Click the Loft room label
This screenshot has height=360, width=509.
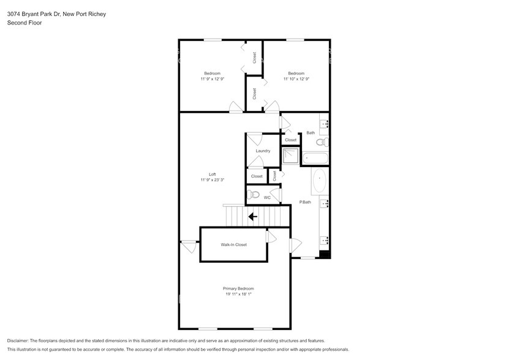coord(212,174)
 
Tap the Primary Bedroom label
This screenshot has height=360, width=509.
coord(238,288)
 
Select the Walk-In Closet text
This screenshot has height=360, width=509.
coord(233,244)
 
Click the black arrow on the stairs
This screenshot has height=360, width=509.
coord(252,216)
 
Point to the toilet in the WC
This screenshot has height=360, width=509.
coord(254,195)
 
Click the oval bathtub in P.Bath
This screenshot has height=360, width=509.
coord(320,182)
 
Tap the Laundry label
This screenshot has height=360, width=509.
coord(263,151)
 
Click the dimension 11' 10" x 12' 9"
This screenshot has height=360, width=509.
coord(296,79)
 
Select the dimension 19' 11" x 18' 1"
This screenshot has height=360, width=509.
coord(238,294)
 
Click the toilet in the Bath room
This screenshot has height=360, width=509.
coord(321,143)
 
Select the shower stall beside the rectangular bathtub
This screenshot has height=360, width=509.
coord(290,157)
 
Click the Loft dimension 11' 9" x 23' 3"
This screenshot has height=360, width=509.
coord(212,180)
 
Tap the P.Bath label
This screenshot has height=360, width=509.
coord(304,202)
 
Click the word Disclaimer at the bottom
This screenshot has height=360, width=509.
coord(20,340)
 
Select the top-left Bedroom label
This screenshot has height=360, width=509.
coord(212,73)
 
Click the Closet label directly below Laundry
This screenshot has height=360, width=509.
coord(257,176)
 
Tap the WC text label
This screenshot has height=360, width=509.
coord(267,198)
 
